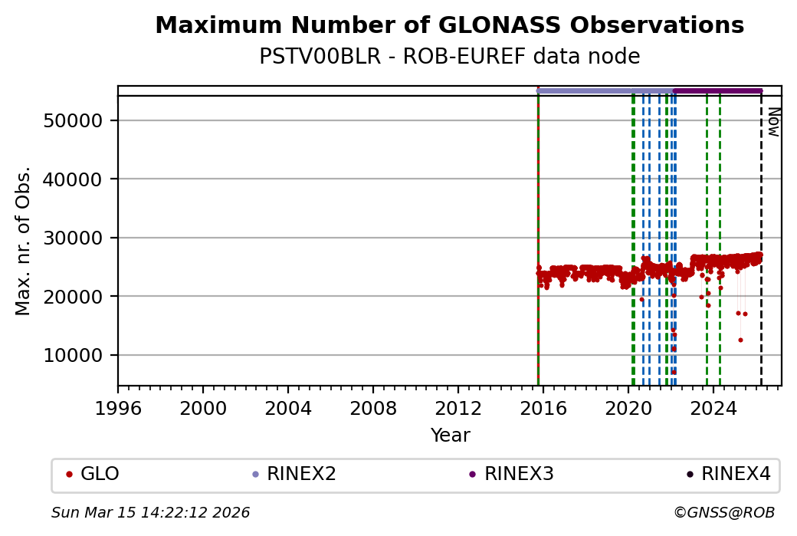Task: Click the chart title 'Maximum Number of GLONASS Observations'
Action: (449, 25)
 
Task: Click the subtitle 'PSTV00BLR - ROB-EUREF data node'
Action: (449, 57)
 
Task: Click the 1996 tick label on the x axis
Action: (118, 408)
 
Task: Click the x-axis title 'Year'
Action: (450, 436)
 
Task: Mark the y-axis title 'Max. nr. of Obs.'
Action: (23, 241)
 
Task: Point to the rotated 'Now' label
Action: (773, 121)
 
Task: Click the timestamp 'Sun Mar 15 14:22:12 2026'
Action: (151, 512)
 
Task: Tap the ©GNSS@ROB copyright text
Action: (724, 512)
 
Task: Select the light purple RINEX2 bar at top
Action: (605, 90)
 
